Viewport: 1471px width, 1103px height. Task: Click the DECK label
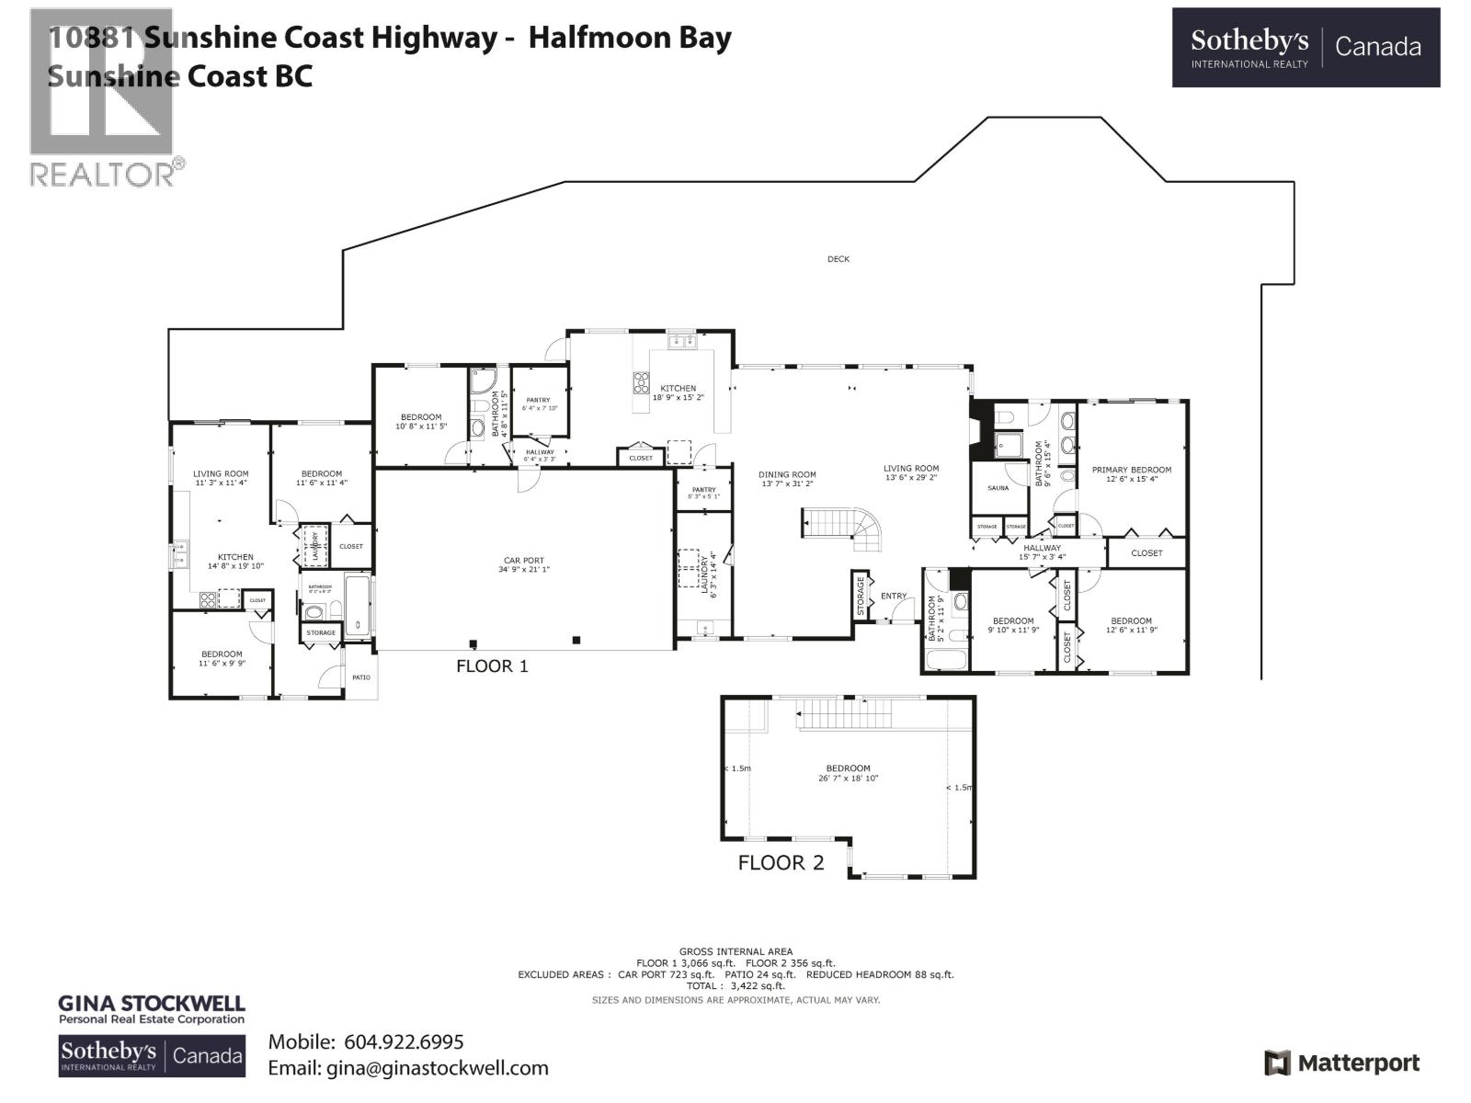(x=838, y=259)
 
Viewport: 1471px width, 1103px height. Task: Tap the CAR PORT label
(x=523, y=560)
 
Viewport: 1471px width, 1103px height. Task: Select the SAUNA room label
(x=998, y=488)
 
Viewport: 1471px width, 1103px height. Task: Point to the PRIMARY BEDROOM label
(x=1132, y=470)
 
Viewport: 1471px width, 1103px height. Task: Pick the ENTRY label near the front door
(x=894, y=596)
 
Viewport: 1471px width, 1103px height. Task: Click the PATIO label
(x=360, y=677)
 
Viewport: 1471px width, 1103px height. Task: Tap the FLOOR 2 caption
(x=781, y=863)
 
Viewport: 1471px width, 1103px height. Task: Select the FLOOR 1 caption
(x=492, y=665)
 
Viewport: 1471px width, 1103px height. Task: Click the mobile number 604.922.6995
(x=404, y=1041)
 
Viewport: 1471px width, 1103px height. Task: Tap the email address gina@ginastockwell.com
(x=436, y=1068)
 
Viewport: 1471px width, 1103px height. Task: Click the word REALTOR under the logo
(x=102, y=174)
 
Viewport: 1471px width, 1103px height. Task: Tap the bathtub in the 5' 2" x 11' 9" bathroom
(x=945, y=659)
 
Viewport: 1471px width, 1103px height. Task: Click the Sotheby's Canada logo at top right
(x=1306, y=48)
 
